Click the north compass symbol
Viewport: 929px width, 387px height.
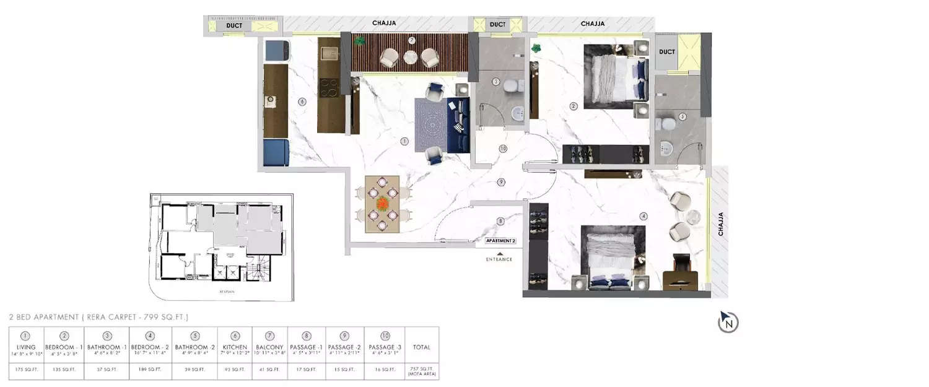(x=729, y=322)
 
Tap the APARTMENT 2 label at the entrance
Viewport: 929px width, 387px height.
(x=500, y=240)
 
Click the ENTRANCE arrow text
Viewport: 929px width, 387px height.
(x=499, y=259)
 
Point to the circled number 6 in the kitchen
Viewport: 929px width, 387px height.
(x=302, y=102)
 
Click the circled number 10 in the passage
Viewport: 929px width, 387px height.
(x=502, y=149)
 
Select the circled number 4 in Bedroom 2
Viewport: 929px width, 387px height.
(x=644, y=216)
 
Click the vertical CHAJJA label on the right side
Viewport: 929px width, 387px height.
(x=720, y=224)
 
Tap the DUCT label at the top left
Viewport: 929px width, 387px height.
(x=234, y=25)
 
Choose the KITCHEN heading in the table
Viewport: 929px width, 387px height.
(x=235, y=347)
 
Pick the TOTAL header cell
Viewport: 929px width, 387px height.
(x=421, y=347)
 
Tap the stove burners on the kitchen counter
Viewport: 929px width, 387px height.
(x=328, y=86)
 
